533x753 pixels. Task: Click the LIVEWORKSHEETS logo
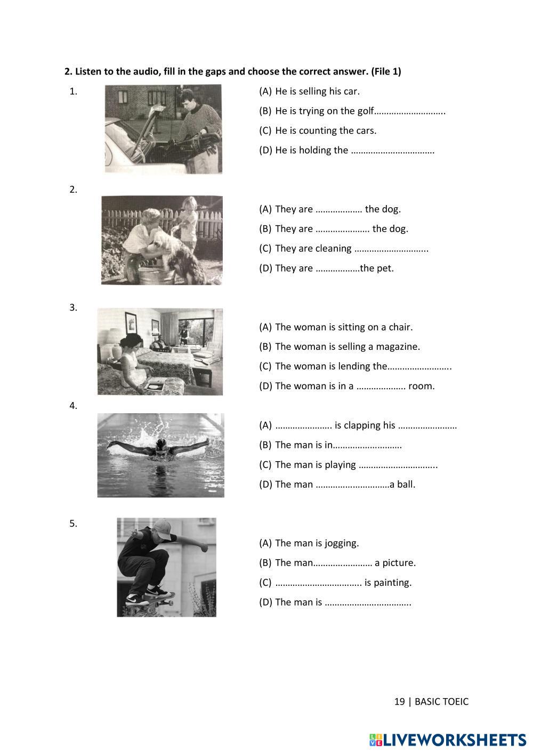click(448, 740)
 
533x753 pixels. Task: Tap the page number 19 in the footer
click(399, 701)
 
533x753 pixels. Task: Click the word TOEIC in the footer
click(454, 701)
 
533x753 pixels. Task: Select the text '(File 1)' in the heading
click(386, 71)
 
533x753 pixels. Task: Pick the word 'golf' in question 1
click(366, 111)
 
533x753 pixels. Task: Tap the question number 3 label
click(74, 308)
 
